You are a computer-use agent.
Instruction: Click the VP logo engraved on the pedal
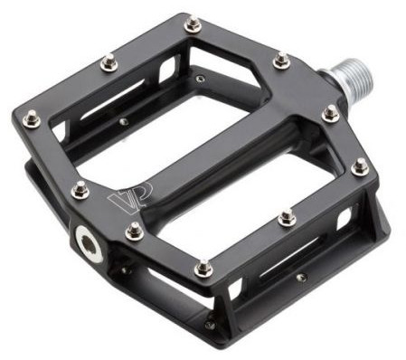click(x=130, y=197)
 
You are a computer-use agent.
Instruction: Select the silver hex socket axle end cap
click(x=90, y=244)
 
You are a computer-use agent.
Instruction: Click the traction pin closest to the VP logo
click(x=80, y=190)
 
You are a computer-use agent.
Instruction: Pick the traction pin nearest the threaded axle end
click(x=331, y=114)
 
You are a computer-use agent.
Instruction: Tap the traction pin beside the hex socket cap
click(x=134, y=232)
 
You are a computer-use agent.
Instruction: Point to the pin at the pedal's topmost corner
click(x=193, y=24)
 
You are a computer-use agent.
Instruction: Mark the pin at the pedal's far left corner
click(x=32, y=118)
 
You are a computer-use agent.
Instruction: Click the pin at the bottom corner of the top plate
click(x=203, y=269)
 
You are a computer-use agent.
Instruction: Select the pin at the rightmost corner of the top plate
click(x=360, y=166)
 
